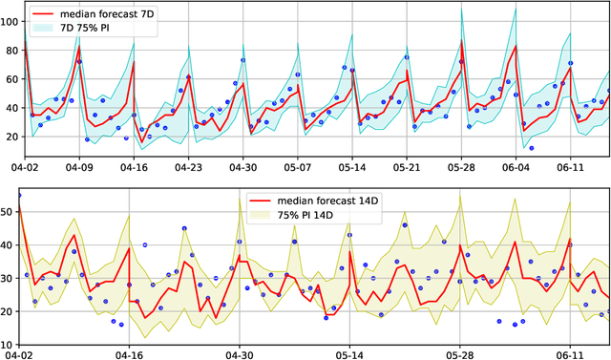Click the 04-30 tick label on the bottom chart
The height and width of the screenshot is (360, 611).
coord(239,352)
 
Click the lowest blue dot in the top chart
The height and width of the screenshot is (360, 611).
coord(531,148)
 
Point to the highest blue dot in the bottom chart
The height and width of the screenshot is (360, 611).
coord(19,196)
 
